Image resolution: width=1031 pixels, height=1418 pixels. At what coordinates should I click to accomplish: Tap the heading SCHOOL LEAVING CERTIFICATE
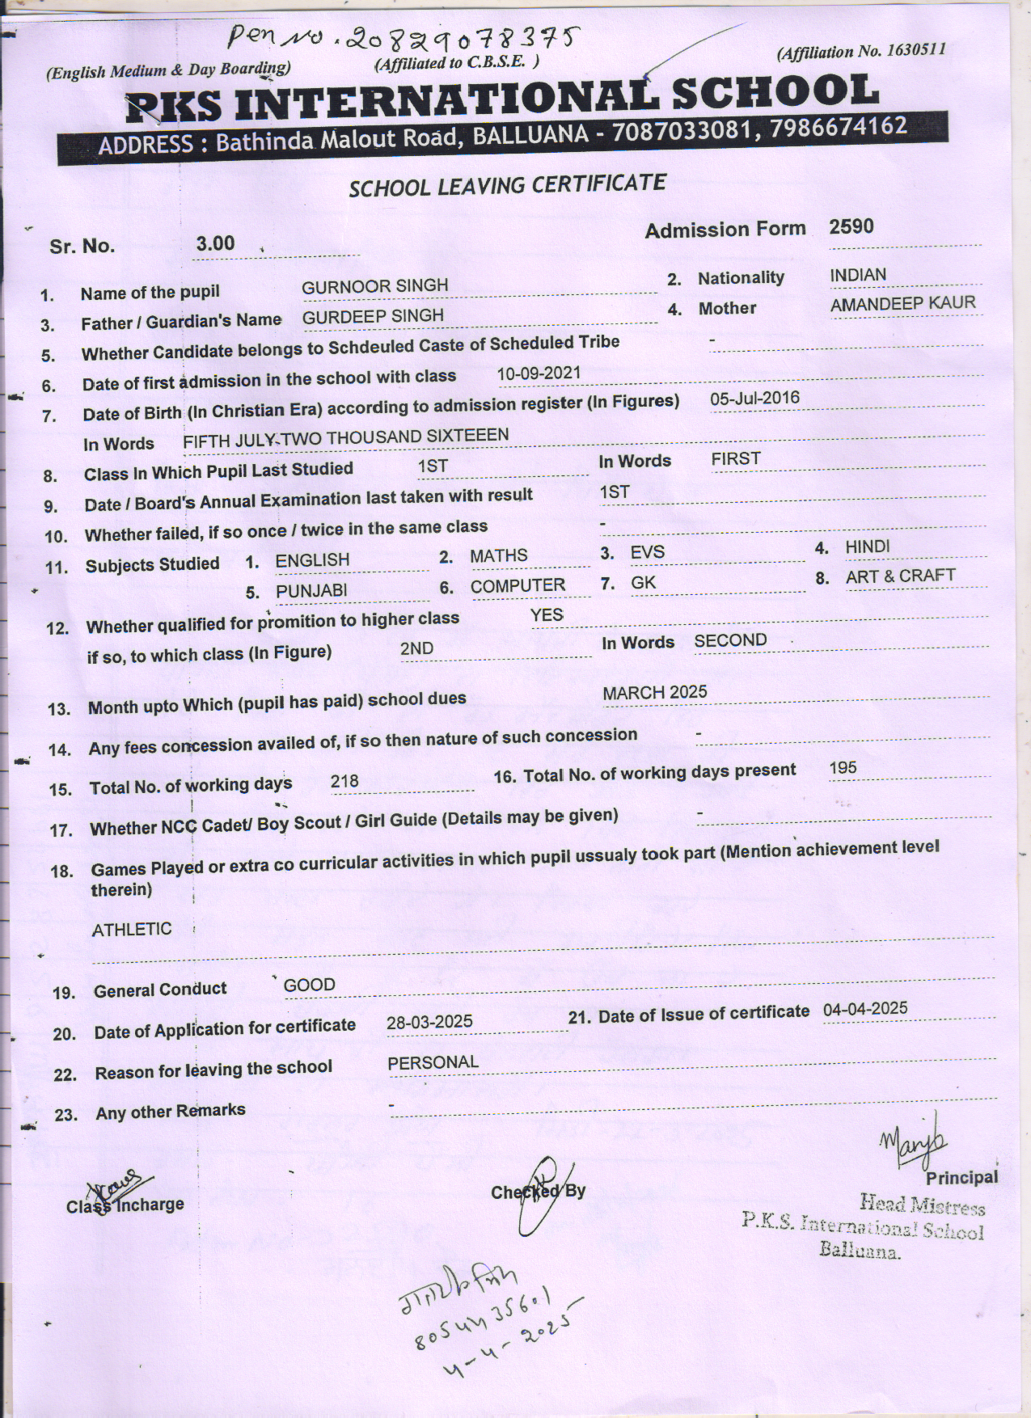coord(507,185)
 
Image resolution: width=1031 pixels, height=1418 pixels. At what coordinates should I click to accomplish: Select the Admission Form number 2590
coord(851,226)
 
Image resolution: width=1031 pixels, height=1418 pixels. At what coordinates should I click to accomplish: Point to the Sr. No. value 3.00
coord(215,243)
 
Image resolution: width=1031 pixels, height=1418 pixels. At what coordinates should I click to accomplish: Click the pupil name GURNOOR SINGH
coord(374,286)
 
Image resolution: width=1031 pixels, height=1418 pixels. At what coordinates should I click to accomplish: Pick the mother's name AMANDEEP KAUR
coord(902,304)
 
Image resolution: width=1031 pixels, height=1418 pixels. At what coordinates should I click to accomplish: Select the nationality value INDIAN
coord(858,275)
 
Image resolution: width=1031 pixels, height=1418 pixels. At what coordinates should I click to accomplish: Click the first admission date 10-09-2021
coord(539,373)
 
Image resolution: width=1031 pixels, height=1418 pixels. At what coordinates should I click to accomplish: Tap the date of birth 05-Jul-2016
coord(754,399)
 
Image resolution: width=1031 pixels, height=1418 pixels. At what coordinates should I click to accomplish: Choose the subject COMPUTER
coord(518,586)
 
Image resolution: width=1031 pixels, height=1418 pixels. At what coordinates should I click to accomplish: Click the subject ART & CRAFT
coord(900,576)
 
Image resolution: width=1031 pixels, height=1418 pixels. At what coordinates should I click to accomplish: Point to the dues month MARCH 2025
coord(655,693)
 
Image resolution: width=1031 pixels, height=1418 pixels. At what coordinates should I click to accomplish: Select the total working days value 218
coord(344,781)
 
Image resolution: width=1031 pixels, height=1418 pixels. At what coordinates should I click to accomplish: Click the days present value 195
coord(843,768)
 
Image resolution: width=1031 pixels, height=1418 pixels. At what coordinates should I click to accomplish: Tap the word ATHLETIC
coord(132,930)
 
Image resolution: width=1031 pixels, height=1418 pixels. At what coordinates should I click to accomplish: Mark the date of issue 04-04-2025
coord(865,1009)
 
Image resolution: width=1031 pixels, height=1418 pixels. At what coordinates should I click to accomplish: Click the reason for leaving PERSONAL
coord(433,1062)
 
